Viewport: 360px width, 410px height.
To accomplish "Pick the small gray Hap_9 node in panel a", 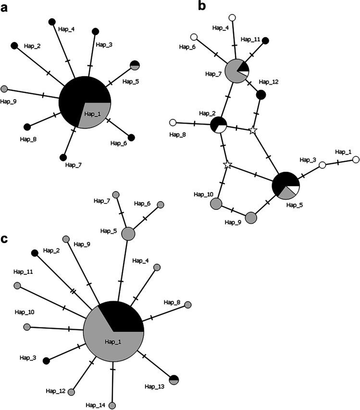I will click(4, 89).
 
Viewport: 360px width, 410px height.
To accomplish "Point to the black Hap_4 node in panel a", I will click(52, 21).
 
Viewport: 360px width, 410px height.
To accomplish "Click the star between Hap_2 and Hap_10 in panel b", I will click(228, 165).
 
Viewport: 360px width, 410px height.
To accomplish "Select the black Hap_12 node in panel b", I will click(261, 95).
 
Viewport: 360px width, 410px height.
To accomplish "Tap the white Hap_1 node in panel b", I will click(356, 160).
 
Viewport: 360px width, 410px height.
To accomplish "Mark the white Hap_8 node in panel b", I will click(173, 122).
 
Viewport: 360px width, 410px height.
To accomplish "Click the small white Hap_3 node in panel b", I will click(323, 166).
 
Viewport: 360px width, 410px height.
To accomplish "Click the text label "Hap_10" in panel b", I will click(202, 194).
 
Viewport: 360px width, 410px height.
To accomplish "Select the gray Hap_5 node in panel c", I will click(128, 234).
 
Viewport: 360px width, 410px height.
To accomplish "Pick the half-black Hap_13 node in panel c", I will click(174, 379).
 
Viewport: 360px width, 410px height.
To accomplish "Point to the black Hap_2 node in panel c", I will click(35, 253).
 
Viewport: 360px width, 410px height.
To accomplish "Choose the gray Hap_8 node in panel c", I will click(188, 305).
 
